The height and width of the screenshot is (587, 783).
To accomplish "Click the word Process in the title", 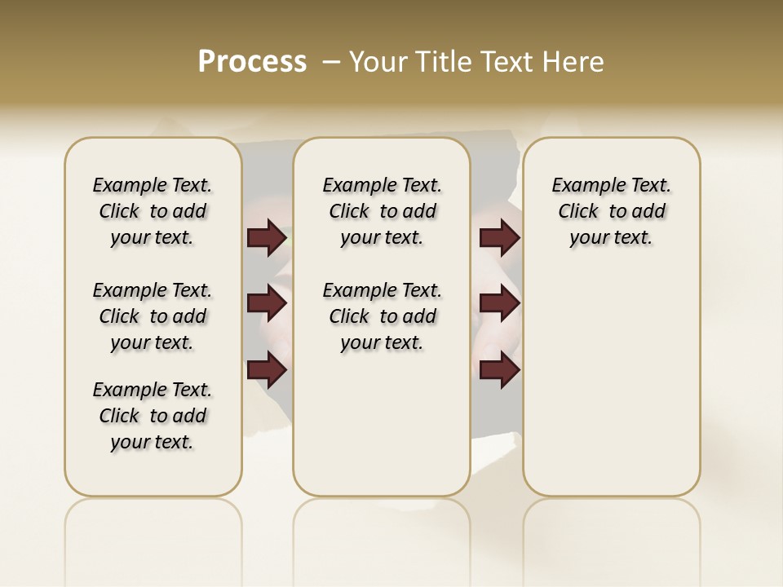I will click(252, 62).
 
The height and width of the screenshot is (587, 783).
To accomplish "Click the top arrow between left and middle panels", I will click(267, 238).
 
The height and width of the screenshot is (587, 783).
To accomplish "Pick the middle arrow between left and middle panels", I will click(267, 304).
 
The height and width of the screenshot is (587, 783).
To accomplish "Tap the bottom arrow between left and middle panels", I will click(267, 370).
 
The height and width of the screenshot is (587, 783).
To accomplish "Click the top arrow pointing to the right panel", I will click(499, 238).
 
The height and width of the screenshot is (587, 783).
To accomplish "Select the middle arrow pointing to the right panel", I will click(499, 304).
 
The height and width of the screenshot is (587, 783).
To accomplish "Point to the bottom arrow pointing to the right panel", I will click(499, 370).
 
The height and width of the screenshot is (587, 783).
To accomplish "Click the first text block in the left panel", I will click(153, 211).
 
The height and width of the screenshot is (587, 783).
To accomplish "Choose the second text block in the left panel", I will click(153, 316).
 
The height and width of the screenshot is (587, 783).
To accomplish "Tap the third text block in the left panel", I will click(153, 416).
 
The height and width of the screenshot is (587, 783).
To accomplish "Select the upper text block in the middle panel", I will click(382, 211).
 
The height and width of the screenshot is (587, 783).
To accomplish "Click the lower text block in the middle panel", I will click(382, 316).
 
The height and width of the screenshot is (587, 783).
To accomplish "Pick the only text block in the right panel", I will click(612, 211).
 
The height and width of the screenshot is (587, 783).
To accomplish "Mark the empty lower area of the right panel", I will click(612, 375).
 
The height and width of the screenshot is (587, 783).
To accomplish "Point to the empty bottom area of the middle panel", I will click(382, 424).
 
